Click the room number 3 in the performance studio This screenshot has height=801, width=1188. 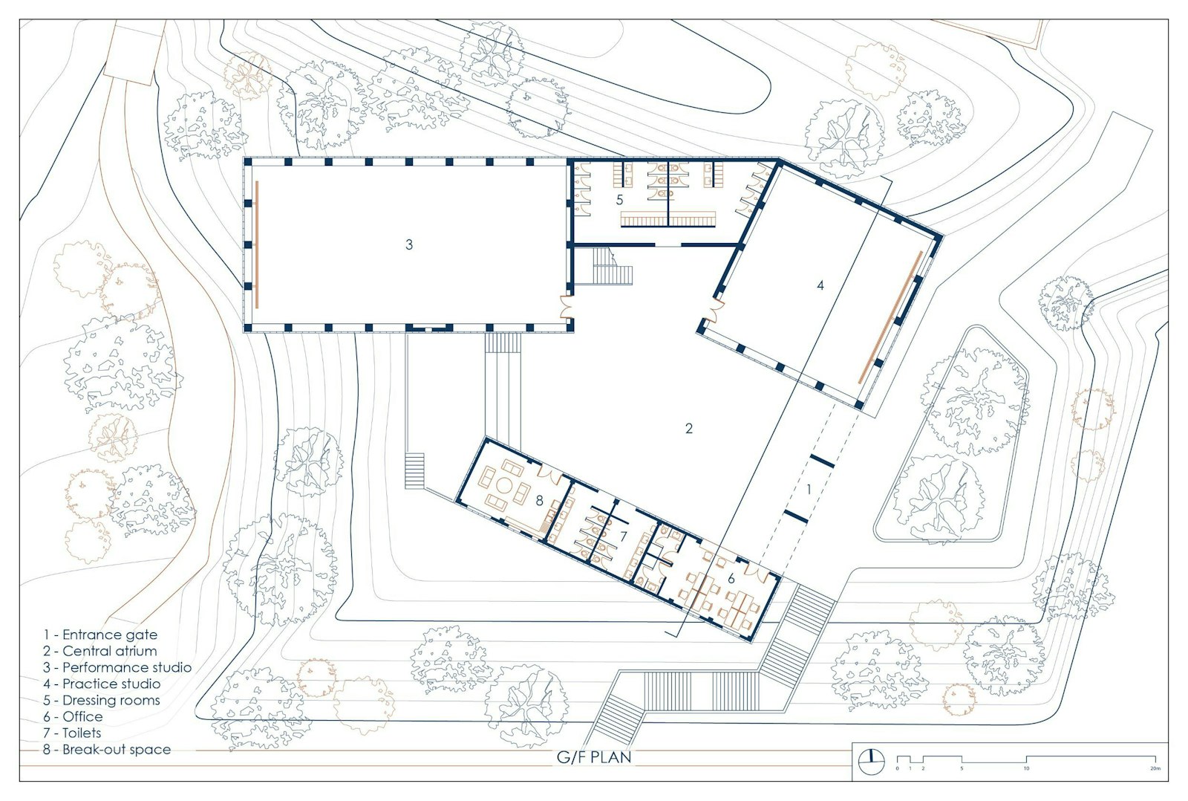pos(409,244)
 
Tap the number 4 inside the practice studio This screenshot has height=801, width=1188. pos(820,285)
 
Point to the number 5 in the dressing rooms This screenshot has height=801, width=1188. pos(619,200)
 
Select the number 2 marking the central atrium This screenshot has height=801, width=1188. pos(689,429)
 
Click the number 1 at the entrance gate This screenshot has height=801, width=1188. pos(809,490)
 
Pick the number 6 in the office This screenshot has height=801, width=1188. pos(731,579)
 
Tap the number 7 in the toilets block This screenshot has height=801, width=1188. pos(624,536)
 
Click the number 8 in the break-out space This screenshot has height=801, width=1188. pos(539,501)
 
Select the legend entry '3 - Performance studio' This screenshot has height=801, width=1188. pos(117,667)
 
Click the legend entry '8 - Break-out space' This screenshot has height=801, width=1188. pos(107,750)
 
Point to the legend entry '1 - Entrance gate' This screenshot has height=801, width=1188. pos(100,635)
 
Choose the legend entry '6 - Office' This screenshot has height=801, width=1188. pos(74,716)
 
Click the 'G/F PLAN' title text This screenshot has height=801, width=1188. pos(594,757)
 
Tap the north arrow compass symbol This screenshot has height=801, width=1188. pos(872,762)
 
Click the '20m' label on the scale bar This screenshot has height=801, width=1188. pos(1155,768)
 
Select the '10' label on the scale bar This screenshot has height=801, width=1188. pos(1026,768)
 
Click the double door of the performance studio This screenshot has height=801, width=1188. pos(567,308)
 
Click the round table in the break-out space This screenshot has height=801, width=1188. pos(504,486)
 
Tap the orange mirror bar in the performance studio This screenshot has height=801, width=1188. pos(257,244)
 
